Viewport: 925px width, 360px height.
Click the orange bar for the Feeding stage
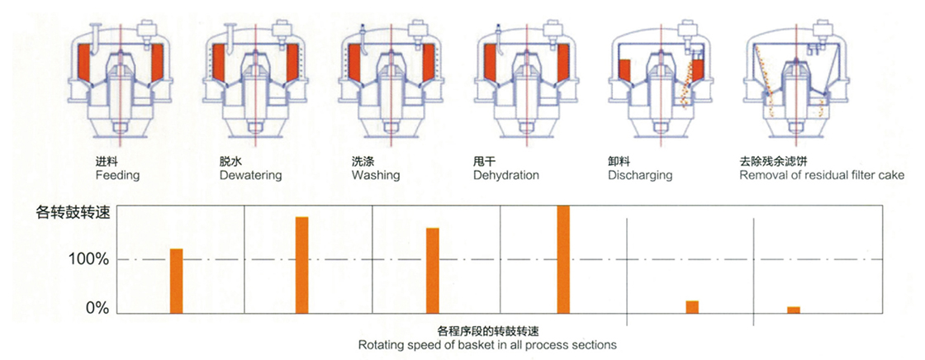tap(177, 281)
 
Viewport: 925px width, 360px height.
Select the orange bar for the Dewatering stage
tap(302, 265)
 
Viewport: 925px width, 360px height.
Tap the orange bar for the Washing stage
tap(433, 270)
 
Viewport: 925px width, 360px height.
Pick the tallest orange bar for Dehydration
tap(563, 259)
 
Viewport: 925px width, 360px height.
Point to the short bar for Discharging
tap(692, 307)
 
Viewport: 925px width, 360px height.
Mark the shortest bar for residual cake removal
tap(794, 310)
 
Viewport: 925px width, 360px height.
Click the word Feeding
tap(117, 176)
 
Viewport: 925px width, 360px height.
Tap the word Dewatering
tap(251, 176)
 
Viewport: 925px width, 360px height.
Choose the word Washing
tap(376, 176)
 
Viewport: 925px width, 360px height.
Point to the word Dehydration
tap(506, 176)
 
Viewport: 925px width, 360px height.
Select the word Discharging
tap(640, 176)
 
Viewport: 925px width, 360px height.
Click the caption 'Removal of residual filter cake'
tap(822, 176)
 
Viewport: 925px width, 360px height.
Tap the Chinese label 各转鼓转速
tap(73, 214)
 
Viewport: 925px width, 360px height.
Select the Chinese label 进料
tap(104, 161)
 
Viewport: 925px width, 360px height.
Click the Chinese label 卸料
tap(616, 161)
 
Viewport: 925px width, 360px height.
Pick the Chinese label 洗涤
tap(360, 161)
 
